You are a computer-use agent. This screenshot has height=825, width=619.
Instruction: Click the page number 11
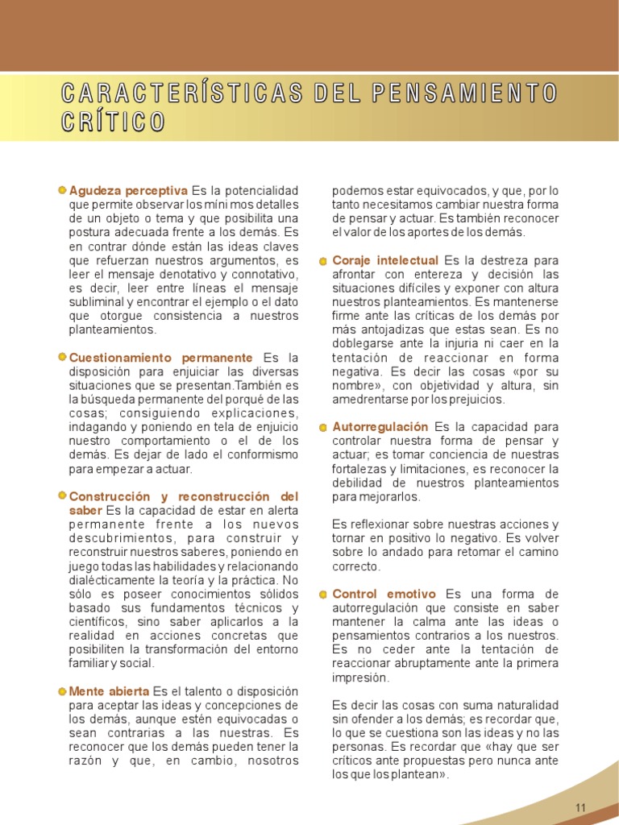tap(580, 807)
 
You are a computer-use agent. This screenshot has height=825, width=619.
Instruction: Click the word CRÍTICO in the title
tap(113, 122)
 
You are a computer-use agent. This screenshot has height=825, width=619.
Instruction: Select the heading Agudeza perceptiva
tap(128, 190)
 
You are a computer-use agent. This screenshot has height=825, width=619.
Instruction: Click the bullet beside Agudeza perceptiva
tap(63, 190)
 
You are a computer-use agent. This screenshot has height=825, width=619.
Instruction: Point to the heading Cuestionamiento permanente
tap(161, 357)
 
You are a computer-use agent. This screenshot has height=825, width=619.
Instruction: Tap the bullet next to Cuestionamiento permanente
tap(63, 357)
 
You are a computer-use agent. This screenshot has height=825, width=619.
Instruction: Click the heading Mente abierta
tap(109, 691)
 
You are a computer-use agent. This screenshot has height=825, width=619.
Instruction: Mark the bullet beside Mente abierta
tap(63, 691)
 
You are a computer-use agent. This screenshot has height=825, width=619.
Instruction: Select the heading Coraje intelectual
tap(385, 260)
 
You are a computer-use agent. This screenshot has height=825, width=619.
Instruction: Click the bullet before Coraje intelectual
tap(323, 261)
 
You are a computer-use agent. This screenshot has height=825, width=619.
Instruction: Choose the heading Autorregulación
tap(380, 426)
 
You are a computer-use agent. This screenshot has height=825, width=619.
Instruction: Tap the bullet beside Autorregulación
tap(323, 427)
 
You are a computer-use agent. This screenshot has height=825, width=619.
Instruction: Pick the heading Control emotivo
tap(384, 594)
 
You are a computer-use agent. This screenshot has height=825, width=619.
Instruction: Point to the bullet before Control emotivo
tap(323, 595)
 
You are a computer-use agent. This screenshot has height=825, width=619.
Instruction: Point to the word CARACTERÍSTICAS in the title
tap(182, 93)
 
